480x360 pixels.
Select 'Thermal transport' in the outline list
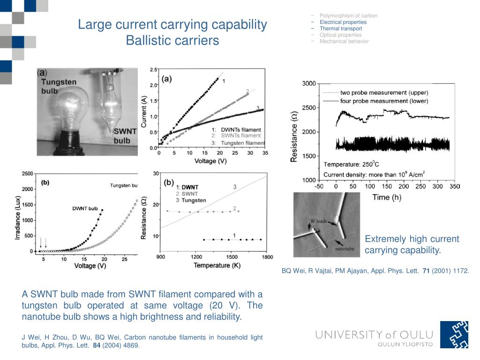pyautogui.click(x=340, y=29)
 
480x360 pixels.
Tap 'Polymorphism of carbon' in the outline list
pyautogui.click(x=348, y=16)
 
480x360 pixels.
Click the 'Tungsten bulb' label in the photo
pyautogui.click(x=59, y=86)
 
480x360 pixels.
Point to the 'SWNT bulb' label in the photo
pyautogui.click(x=125, y=136)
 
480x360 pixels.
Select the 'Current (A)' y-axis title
pyautogui.click(x=144, y=111)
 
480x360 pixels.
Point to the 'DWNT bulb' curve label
pyautogui.click(x=85, y=209)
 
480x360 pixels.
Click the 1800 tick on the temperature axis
pyautogui.click(x=267, y=257)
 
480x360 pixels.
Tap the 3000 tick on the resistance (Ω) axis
pyautogui.click(x=308, y=83)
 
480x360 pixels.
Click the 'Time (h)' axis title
pyautogui.click(x=387, y=197)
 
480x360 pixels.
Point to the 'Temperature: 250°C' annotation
pyautogui.click(x=351, y=164)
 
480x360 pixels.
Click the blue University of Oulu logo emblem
pyautogui.click(x=454, y=334)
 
